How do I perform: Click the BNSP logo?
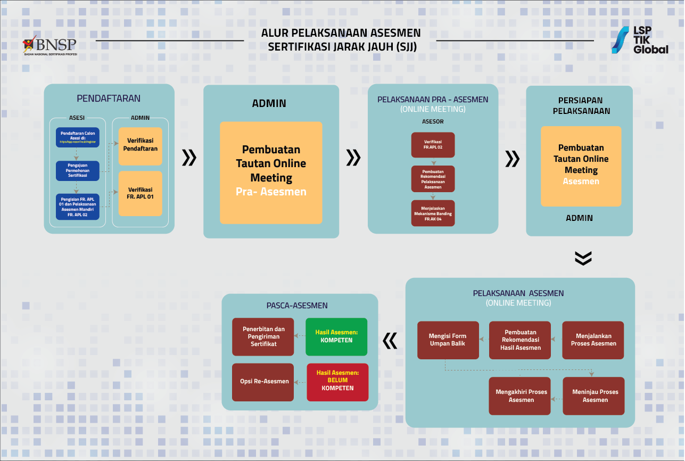pyautogui.click(x=49, y=45)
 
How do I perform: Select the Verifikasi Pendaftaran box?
pyautogui.click(x=140, y=144)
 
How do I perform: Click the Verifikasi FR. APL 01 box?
pyautogui.click(x=140, y=193)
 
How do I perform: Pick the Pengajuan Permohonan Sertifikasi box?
pyautogui.click(x=78, y=171)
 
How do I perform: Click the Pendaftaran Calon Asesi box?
pyautogui.click(x=78, y=137)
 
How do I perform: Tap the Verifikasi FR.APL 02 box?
pyautogui.click(x=433, y=145)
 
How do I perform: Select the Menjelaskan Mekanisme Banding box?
pyautogui.click(x=433, y=213)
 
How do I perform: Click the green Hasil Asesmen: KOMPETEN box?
pyautogui.click(x=336, y=336)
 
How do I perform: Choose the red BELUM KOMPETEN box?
pyautogui.click(x=337, y=381)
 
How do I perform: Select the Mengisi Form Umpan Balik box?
pyautogui.click(x=448, y=340)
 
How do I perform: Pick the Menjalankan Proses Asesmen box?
pyautogui.click(x=593, y=340)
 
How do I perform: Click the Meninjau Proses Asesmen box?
pyautogui.click(x=593, y=396)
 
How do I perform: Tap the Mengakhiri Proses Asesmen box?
pyautogui.click(x=519, y=396)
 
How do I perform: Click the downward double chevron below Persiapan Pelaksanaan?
pyautogui.click(x=583, y=258)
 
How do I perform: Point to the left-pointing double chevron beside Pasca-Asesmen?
pyautogui.click(x=390, y=341)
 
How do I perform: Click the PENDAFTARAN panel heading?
pyautogui.click(x=109, y=98)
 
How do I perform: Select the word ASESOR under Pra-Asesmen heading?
pyautogui.click(x=433, y=121)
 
